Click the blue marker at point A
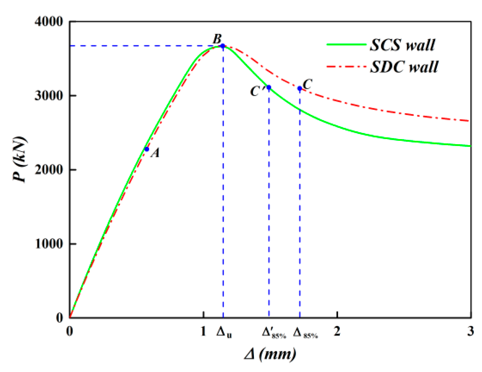147,149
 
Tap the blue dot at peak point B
223,46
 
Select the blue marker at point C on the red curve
300,88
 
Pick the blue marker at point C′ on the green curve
269,87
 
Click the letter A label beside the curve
155,153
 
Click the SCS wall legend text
402,45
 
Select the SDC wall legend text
404,67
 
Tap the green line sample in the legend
346,45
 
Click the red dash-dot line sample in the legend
346,67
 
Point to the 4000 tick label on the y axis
49,22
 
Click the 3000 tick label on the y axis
49,96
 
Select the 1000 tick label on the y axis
49,244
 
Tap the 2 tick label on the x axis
337,331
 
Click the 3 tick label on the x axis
470,331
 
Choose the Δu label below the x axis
224,332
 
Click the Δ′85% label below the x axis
274,333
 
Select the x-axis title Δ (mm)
270,354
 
